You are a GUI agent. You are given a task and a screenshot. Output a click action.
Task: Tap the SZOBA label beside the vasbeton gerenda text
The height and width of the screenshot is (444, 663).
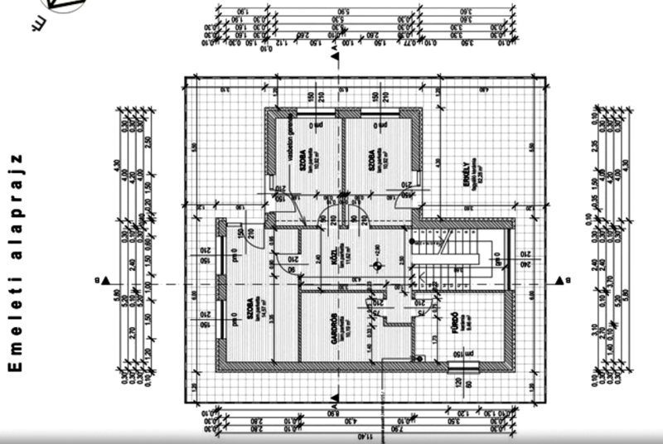305,159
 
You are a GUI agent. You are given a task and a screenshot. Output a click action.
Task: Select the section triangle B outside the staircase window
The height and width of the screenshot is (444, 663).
560,279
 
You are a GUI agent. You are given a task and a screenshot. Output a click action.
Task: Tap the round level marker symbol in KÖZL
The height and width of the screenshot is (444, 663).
377,265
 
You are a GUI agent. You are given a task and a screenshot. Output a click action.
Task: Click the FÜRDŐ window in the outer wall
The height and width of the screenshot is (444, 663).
456,365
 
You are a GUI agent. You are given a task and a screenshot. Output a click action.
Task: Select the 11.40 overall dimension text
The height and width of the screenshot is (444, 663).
362,437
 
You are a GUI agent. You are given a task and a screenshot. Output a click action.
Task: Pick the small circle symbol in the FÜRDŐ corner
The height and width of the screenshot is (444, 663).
421,358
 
